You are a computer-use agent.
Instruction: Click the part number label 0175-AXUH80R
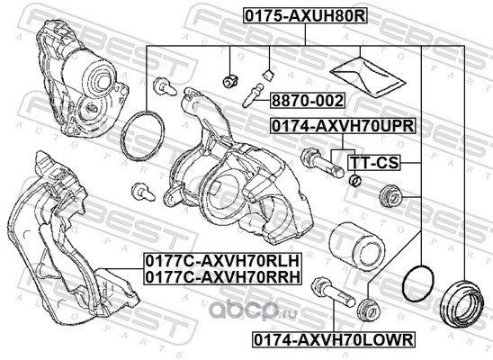[305, 15]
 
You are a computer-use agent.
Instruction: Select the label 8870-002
[308, 101]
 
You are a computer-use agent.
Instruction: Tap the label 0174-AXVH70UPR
[343, 126]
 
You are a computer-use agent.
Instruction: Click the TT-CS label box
[374, 163]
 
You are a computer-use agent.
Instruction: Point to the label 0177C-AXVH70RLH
[222, 261]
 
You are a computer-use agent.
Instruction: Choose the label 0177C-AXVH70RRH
[222, 276]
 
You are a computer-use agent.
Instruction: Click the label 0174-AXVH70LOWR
[333, 339]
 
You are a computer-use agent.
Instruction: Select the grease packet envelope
[367, 76]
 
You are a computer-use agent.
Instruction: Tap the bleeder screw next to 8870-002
[253, 94]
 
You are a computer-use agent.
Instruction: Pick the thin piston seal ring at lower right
[418, 283]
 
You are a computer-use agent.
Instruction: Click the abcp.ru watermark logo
[253, 310]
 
